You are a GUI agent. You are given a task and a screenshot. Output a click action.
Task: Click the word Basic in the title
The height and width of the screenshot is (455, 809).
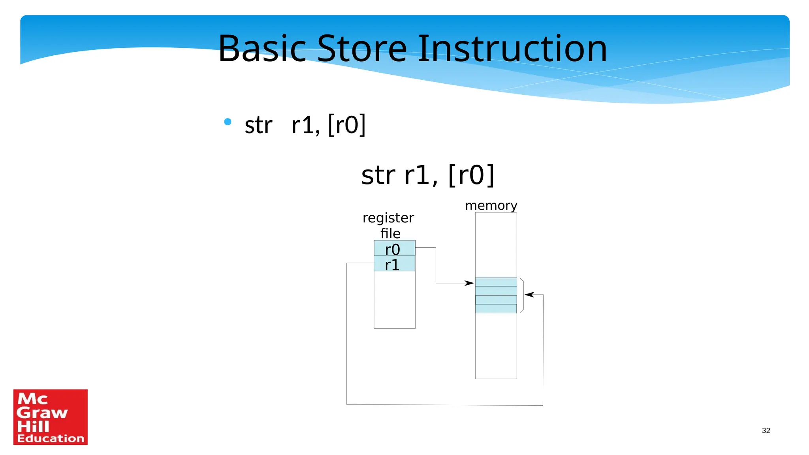pyautogui.click(x=262, y=49)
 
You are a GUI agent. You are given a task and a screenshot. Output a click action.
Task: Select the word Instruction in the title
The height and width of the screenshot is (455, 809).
pyautogui.click(x=512, y=49)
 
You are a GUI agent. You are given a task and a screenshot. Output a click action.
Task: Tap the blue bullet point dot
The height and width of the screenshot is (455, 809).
pyautogui.click(x=228, y=122)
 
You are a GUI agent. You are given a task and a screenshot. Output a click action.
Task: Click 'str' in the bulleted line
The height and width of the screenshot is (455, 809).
pyautogui.click(x=258, y=125)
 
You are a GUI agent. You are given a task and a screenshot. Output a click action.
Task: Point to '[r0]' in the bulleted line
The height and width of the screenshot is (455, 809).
pyautogui.click(x=347, y=125)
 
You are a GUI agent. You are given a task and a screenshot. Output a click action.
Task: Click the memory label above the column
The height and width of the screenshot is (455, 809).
pyautogui.click(x=491, y=205)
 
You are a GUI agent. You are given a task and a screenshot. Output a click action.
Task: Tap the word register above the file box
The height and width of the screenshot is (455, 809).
pyautogui.click(x=388, y=218)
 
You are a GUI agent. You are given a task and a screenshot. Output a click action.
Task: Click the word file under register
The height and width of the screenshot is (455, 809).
pyautogui.click(x=390, y=233)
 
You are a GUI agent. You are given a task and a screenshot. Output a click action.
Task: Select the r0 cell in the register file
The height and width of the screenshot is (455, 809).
pyautogui.click(x=394, y=248)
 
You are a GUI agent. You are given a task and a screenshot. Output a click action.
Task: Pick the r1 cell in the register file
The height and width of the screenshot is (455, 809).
pyautogui.click(x=394, y=264)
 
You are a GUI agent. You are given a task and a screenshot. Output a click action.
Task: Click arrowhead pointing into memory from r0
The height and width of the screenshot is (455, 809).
pyautogui.click(x=469, y=283)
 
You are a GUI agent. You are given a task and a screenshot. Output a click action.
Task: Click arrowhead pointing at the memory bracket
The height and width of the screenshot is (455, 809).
pyautogui.click(x=529, y=295)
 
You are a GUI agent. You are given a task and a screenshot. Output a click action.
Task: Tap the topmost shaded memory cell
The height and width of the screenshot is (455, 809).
pyautogui.click(x=496, y=282)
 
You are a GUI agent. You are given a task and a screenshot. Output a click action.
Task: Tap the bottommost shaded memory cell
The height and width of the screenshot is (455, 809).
pyautogui.click(x=496, y=308)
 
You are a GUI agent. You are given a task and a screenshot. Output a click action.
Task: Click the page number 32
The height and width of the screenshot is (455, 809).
pyautogui.click(x=766, y=431)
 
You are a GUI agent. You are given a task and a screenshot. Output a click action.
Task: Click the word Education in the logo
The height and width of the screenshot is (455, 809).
pyautogui.click(x=51, y=438)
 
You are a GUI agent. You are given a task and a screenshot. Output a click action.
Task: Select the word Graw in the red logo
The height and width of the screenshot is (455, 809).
pyautogui.click(x=42, y=413)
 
